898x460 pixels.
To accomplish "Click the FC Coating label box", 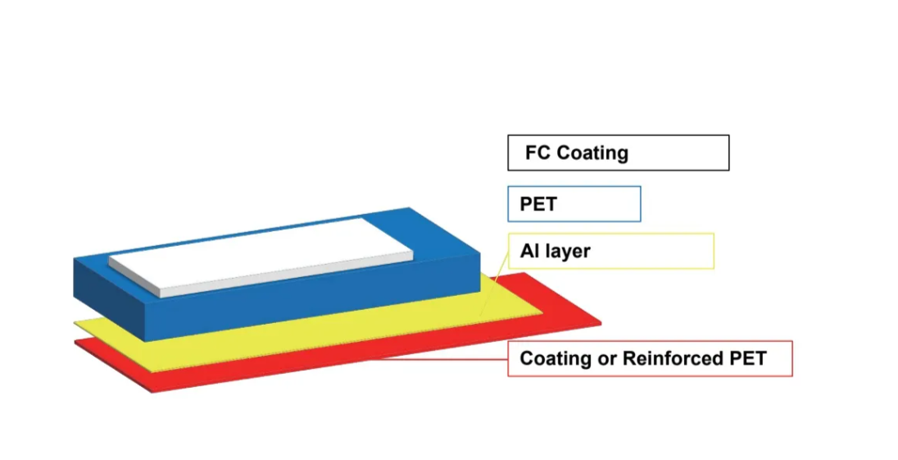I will pyautogui.click(x=618, y=153).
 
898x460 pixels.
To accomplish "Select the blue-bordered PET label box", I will pyautogui.click(x=574, y=204).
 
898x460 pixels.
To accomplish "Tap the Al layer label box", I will pyautogui.click(x=610, y=251).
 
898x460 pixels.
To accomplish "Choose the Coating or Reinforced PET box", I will pyautogui.click(x=650, y=358).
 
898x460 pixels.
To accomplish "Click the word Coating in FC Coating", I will pyautogui.click(x=592, y=153).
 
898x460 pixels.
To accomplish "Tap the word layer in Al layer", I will pyautogui.click(x=566, y=251).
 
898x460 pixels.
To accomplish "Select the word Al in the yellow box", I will pyautogui.click(x=528, y=251).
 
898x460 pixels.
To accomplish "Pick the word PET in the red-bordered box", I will pyautogui.click(x=749, y=358).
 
